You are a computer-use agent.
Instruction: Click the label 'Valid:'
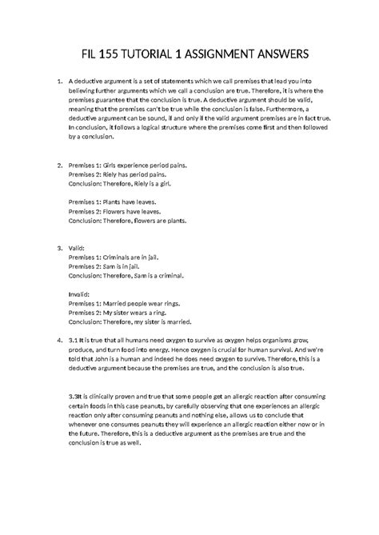78,248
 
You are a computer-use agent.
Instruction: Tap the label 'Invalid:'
81,294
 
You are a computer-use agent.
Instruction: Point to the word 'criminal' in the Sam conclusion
167,274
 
